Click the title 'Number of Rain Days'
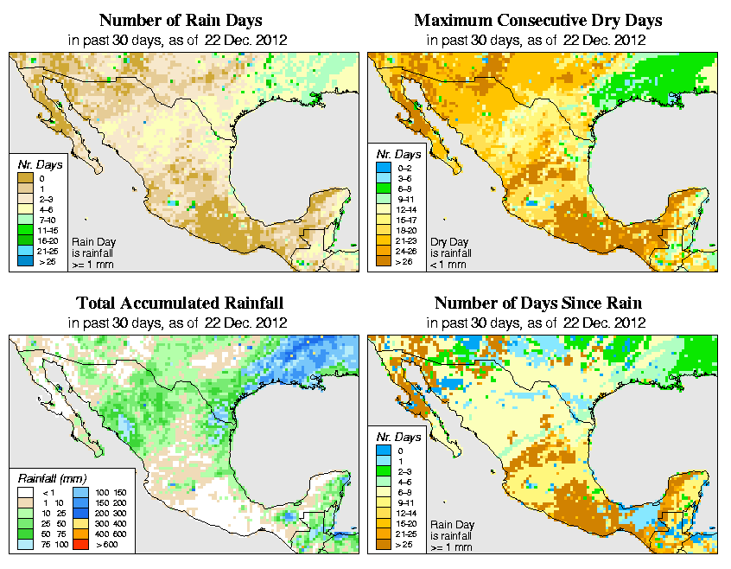click(181, 20)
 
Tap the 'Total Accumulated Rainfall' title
click(180, 304)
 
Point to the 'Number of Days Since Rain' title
click(537, 304)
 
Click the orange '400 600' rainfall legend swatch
click(79, 534)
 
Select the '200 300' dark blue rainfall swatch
click(79, 514)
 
